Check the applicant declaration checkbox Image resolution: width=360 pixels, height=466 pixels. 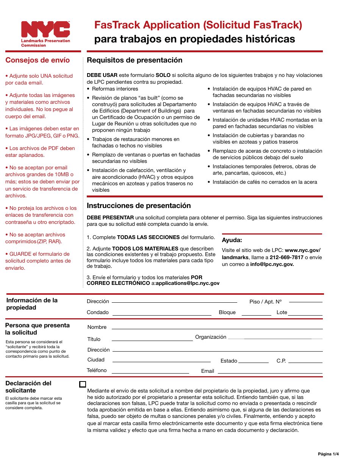pos(83,384)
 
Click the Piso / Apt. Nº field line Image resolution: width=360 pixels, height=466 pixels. pos(305,302)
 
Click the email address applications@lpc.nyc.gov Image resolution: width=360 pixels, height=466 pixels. pos(188,283)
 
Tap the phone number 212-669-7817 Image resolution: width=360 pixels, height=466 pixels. pos(286,257)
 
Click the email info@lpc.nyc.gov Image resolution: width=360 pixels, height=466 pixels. pos(272,264)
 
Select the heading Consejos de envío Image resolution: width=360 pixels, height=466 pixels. pos(38,60)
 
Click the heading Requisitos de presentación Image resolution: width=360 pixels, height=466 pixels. pos(135,60)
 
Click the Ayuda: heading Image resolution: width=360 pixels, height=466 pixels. pos(232,240)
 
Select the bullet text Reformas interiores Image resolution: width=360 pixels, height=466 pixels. pos(115,89)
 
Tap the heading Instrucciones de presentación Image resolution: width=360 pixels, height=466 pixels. pos(139,206)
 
